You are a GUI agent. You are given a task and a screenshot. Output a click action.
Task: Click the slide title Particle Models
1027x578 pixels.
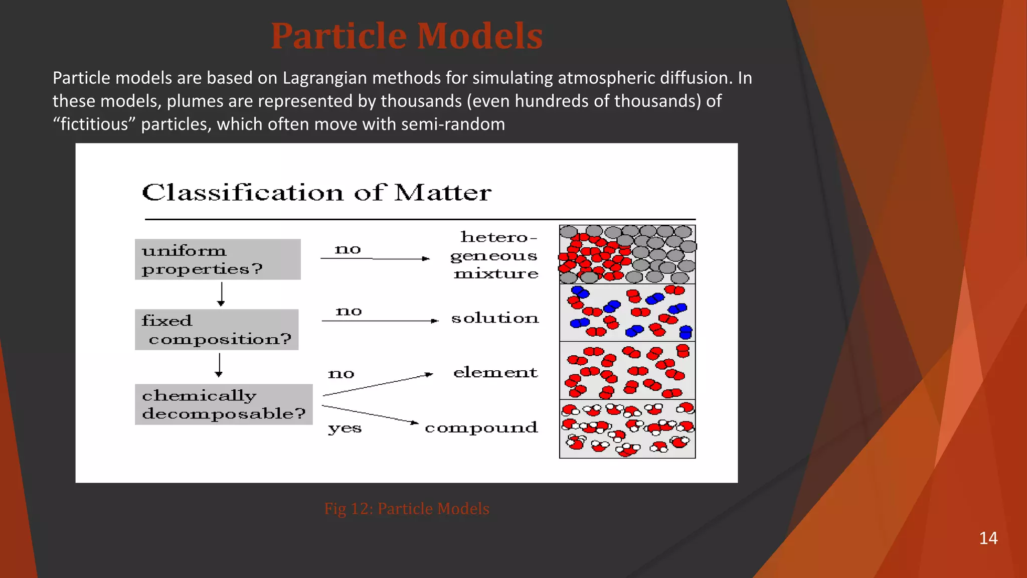[407, 36]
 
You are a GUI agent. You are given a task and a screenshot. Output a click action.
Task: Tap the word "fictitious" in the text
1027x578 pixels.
[95, 124]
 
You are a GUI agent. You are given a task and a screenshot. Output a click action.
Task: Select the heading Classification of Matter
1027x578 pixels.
[316, 193]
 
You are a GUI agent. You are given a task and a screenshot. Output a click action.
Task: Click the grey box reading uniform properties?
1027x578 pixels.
[218, 259]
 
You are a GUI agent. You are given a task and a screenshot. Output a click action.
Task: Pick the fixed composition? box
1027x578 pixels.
[217, 330]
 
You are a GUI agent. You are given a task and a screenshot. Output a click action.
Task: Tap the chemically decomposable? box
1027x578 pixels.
[224, 404]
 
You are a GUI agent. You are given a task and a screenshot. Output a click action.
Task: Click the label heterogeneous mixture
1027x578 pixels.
[495, 255]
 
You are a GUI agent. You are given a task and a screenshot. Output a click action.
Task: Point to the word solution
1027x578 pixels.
[495, 318]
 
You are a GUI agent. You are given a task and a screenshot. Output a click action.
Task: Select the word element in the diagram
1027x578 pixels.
[495, 372]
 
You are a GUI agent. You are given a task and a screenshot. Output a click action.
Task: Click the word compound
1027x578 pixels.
[481, 427]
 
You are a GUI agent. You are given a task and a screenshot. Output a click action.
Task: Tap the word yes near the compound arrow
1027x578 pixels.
[345, 428]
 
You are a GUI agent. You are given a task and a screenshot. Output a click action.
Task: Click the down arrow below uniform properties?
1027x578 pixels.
[221, 294]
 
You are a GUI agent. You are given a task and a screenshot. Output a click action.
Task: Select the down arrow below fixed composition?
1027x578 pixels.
[219, 365]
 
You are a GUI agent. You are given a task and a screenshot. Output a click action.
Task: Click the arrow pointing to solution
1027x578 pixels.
[380, 321]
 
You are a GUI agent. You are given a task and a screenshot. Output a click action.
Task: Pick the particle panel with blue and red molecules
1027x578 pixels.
[627, 313]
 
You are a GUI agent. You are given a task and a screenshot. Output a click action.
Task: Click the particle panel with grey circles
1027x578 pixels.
[627, 254]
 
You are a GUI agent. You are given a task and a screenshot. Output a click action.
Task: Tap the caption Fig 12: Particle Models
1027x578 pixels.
[407, 509]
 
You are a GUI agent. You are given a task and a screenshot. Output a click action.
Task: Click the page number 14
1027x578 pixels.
[988, 538]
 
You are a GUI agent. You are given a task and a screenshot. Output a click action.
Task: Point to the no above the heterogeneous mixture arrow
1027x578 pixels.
[348, 249]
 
